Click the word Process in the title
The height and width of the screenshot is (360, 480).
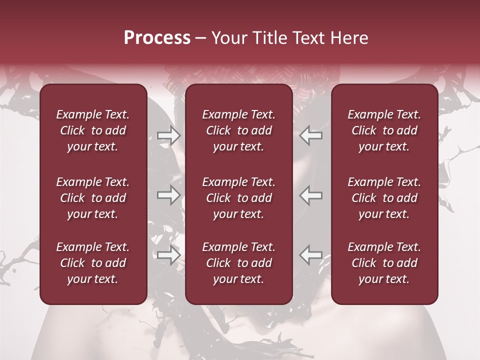[157, 38]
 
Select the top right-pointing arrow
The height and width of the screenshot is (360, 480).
[168, 135]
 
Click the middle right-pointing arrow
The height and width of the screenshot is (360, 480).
[168, 195]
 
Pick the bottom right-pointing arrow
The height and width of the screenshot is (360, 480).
[168, 255]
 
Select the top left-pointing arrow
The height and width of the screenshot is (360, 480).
[311, 135]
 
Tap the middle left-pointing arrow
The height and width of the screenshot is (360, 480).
[311, 195]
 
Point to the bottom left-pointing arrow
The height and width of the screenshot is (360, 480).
[311, 255]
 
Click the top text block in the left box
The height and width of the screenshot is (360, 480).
[93, 130]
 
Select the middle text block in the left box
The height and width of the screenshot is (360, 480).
[93, 198]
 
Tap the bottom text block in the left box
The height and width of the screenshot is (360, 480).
[93, 263]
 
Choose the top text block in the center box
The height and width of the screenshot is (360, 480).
[239, 130]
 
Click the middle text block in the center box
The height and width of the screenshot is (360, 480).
[239, 198]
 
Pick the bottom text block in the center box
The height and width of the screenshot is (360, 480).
[239, 263]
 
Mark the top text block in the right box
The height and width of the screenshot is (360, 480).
[384, 130]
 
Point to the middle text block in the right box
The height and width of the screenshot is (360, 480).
[384, 198]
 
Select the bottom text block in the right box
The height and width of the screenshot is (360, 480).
[384, 263]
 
